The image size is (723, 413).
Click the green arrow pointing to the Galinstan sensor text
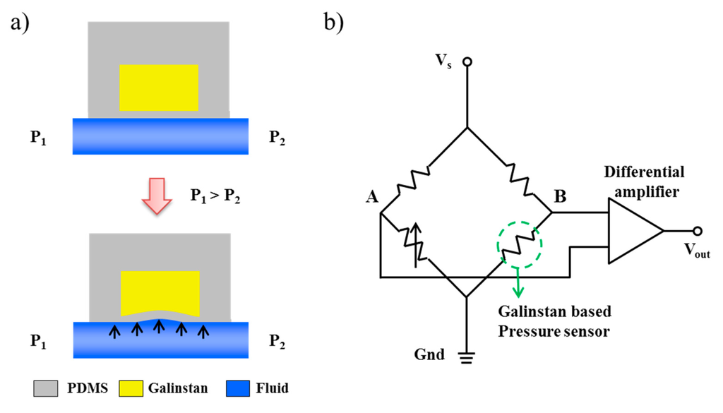click(520, 282)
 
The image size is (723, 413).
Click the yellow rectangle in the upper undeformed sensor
click(158, 88)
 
